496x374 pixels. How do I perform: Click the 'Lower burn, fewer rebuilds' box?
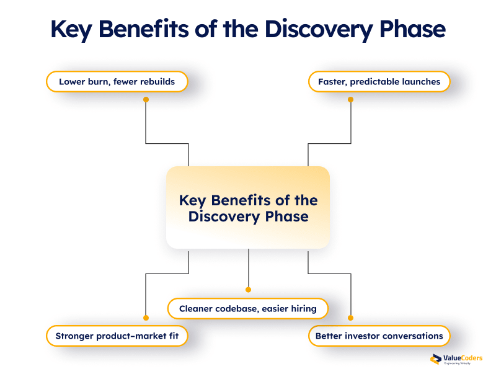pyautogui.click(x=117, y=81)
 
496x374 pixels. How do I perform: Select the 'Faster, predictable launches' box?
pyautogui.click(x=379, y=81)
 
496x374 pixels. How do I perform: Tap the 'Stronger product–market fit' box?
pyautogui.click(x=117, y=336)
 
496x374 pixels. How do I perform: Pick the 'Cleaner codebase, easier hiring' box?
pyautogui.click(x=248, y=308)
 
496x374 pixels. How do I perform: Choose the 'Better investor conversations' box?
pyautogui.click(x=379, y=336)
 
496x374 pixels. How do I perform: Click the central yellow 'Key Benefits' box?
pyautogui.click(x=248, y=208)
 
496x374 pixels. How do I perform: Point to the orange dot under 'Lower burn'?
pyautogui.click(x=146, y=99)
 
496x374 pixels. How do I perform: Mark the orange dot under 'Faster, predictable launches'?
pyautogui.click(x=350, y=99)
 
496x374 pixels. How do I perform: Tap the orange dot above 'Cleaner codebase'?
pyautogui.click(x=248, y=290)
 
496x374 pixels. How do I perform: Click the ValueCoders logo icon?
pyautogui.click(x=435, y=359)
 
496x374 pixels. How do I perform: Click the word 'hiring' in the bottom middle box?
pyautogui.click(x=301, y=308)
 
